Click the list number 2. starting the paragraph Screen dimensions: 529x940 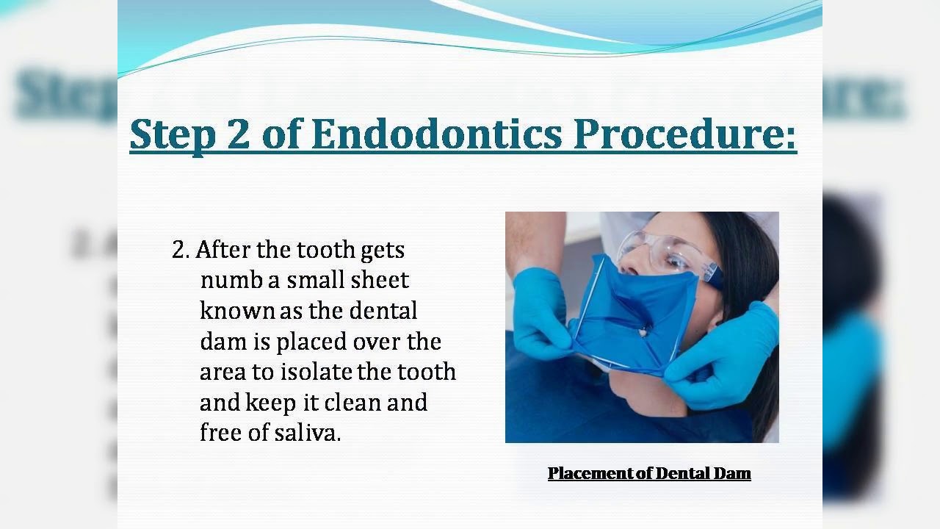click(181, 250)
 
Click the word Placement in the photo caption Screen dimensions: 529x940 click(590, 473)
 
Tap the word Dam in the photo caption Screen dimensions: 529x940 click(734, 473)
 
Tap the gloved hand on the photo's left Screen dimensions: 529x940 click(541, 312)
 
